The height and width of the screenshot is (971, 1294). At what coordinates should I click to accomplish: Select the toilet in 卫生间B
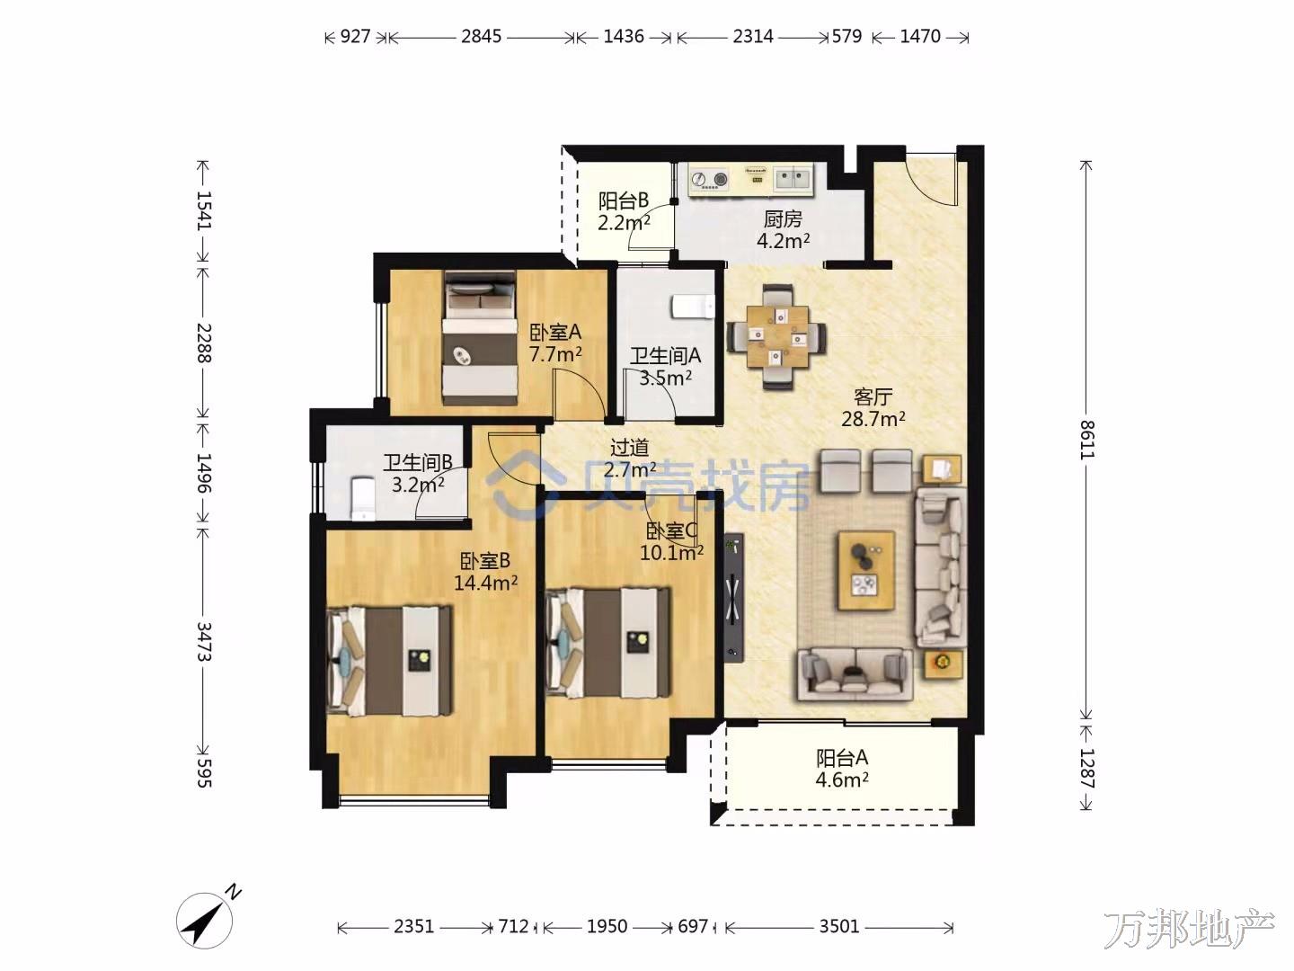(x=363, y=499)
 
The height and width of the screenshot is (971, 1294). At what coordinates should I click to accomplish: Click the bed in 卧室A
(x=480, y=338)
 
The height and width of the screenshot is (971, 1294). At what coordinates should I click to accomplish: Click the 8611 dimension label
(x=1086, y=440)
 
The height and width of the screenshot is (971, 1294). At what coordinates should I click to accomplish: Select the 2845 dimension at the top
(x=481, y=37)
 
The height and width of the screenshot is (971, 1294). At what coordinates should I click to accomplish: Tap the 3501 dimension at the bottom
(x=839, y=926)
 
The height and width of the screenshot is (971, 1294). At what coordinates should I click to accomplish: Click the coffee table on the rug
(x=866, y=569)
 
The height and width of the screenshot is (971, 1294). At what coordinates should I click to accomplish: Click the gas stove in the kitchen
(x=709, y=179)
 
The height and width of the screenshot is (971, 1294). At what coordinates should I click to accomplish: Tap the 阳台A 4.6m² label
(x=842, y=769)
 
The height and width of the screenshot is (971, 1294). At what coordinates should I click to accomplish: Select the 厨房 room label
(x=783, y=219)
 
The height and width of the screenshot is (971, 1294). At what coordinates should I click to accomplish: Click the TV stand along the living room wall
(x=734, y=598)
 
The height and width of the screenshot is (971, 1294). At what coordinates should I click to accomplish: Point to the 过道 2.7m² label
(x=630, y=459)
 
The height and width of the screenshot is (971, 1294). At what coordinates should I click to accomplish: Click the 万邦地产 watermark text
(x=1189, y=930)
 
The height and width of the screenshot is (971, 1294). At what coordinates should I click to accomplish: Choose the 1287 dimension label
(x=1086, y=768)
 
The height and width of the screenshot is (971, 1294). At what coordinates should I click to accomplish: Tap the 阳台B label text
(x=623, y=201)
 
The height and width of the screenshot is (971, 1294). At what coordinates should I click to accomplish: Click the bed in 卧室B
(x=390, y=660)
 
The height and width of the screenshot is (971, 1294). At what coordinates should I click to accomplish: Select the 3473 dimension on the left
(x=204, y=641)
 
